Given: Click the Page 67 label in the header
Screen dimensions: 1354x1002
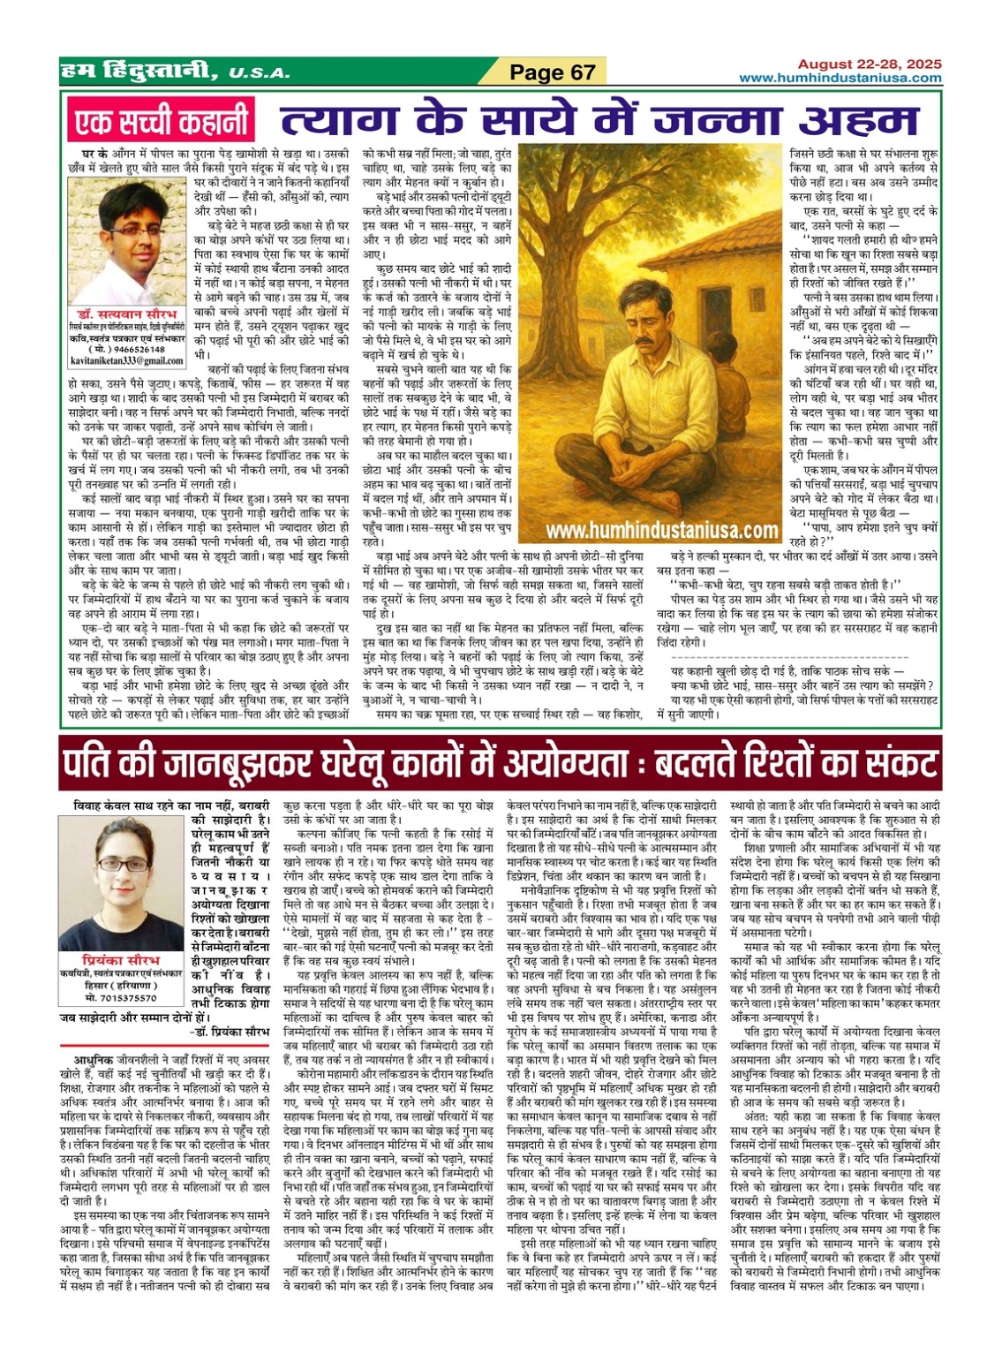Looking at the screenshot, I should [x=553, y=72].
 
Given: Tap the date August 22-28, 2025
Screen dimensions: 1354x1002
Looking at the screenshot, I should [x=869, y=64].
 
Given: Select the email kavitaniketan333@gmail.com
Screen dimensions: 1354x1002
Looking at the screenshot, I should [x=128, y=361].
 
